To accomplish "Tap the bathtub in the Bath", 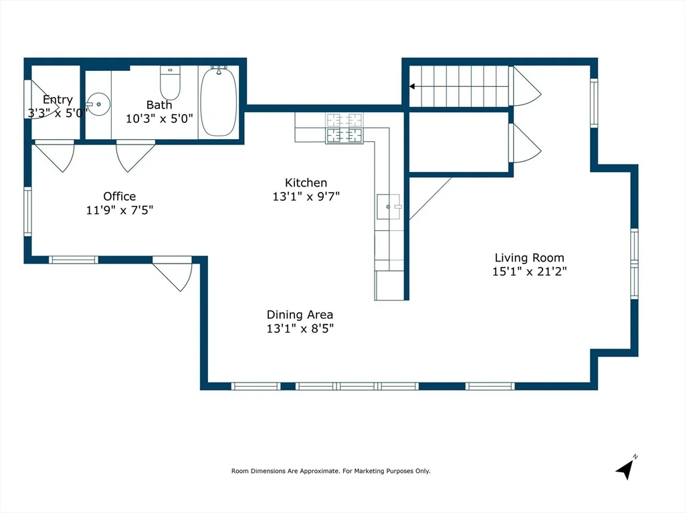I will click(x=218, y=102).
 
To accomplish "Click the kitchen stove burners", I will click(x=345, y=128).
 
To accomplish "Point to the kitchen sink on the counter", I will click(x=389, y=207).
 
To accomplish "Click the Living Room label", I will click(x=529, y=258).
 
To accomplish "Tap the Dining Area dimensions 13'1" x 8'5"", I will click(x=300, y=328).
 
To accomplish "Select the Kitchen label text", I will click(x=306, y=183).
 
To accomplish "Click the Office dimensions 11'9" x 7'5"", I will click(x=119, y=210).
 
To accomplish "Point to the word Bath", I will click(x=159, y=105).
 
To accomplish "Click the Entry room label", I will click(x=58, y=100).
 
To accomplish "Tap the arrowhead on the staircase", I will click(x=413, y=86).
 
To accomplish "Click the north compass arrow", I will click(x=625, y=469).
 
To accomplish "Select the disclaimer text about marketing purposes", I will click(x=330, y=471).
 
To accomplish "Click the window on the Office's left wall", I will click(x=27, y=211).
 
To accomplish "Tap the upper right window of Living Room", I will click(x=593, y=103).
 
